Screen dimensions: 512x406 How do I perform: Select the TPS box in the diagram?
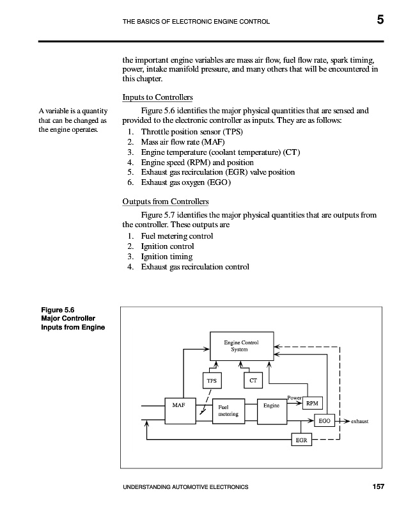coord(212,380)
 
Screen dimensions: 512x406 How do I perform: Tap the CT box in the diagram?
coord(253,380)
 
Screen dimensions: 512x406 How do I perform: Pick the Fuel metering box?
coord(228,410)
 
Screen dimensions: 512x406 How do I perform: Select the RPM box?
coord(311,404)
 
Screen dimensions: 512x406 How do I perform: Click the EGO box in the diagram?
coord(325,421)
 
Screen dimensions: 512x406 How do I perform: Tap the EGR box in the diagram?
coord(300,441)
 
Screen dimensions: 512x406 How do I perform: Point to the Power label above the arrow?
coord(294,398)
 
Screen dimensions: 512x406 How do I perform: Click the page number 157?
coord(378,488)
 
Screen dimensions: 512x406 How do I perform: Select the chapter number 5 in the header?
coord(380,20)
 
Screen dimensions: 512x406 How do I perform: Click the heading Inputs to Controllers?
coord(157,97)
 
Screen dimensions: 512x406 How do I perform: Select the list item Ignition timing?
coord(167,257)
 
